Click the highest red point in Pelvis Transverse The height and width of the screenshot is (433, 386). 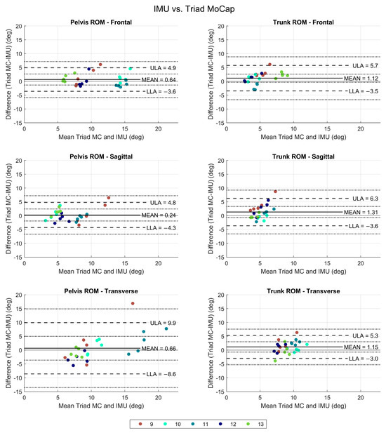pos(132,304)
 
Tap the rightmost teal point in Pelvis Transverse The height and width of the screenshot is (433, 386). pos(166,328)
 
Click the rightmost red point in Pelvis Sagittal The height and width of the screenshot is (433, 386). pos(109,198)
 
